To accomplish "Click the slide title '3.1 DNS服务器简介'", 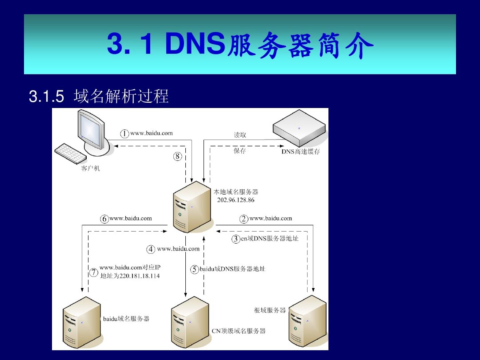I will click(240, 44).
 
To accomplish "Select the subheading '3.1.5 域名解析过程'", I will click(99, 96).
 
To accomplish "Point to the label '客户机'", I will click(90, 168).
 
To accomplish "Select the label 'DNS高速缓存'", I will click(300, 152).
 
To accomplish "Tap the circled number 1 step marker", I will click(124, 134).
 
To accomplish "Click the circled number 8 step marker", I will click(177, 156).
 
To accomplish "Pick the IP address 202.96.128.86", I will click(236, 200).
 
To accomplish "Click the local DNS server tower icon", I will click(192, 207).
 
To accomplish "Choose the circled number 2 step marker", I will click(244, 219).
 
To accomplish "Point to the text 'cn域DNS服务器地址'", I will click(269, 239).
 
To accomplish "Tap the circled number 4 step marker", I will click(151, 249).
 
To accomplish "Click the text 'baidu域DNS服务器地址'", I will click(232, 269).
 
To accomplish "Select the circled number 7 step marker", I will click(94, 272).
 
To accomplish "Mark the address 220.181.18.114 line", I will click(130, 276).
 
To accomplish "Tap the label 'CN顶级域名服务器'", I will click(239, 331).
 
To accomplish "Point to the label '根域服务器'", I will click(270, 310).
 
